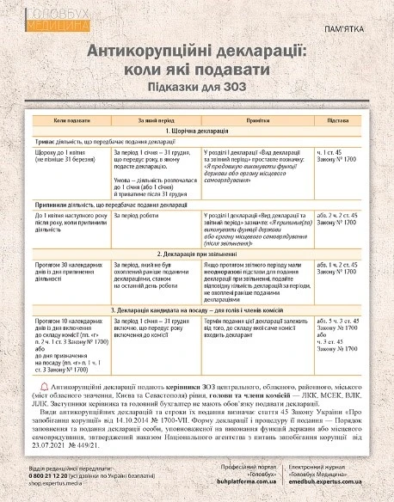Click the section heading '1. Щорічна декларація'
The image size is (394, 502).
(197, 132)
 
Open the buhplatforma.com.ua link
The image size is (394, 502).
(249, 487)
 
